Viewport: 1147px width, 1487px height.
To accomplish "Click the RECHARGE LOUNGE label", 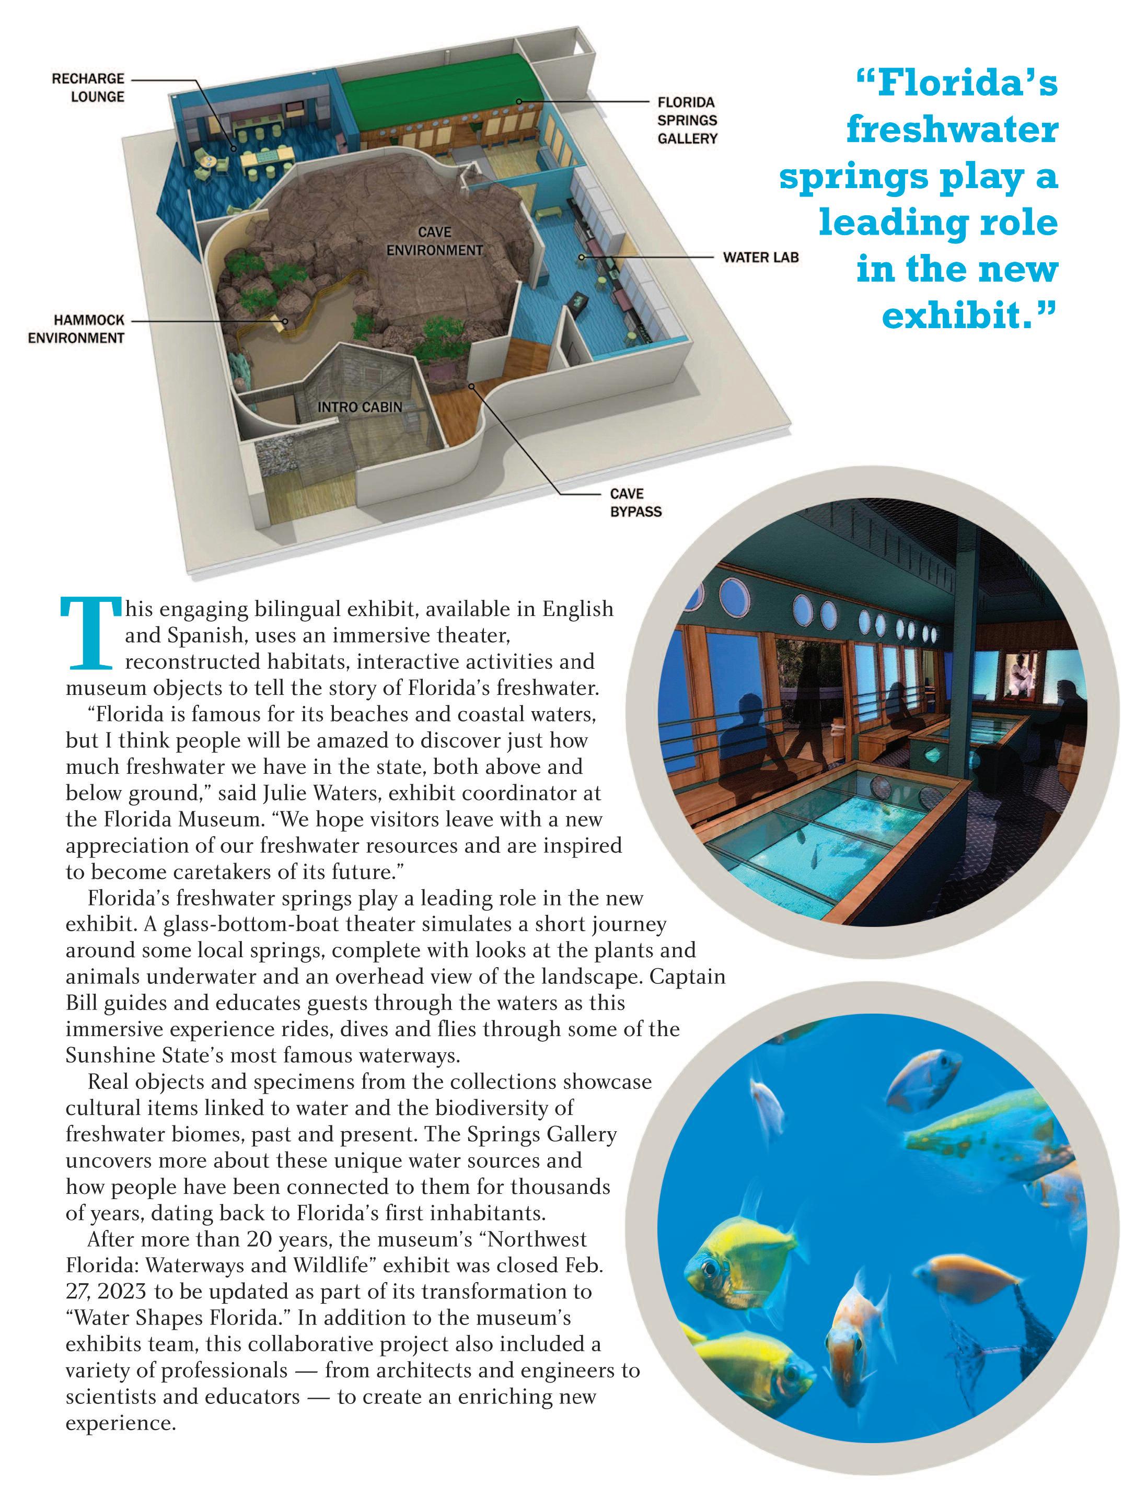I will [88, 88].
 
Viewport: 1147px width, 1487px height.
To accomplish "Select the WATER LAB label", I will [760, 258].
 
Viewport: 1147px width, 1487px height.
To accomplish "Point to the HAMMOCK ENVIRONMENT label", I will [76, 329].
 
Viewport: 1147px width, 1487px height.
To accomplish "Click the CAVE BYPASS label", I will [635, 503].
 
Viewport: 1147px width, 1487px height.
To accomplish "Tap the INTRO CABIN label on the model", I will [360, 407].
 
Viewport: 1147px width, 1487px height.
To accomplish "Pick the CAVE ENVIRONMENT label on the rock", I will [435, 242].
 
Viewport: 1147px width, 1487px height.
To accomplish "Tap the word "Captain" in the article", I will [687, 977].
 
